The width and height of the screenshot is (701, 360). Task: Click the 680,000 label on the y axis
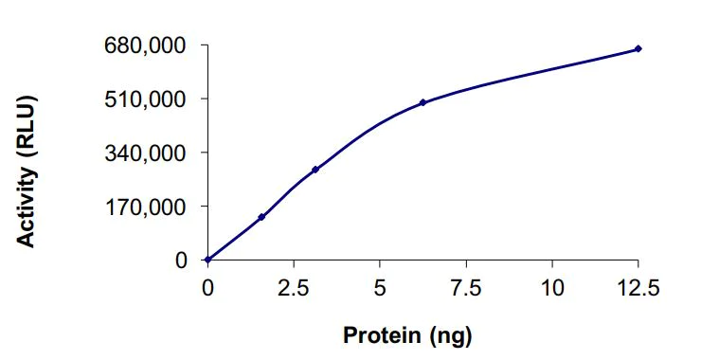pyautogui.click(x=147, y=45)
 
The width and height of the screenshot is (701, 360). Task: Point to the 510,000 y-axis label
pyautogui.click(x=147, y=99)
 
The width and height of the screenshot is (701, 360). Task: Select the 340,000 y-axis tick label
pyautogui.click(x=147, y=153)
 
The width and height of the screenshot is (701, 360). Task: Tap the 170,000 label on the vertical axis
pyautogui.click(x=147, y=206)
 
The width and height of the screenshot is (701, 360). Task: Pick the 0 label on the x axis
pyautogui.click(x=207, y=287)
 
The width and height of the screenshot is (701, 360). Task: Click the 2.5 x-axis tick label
pyautogui.click(x=294, y=287)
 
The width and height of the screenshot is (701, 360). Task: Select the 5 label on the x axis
pyautogui.click(x=380, y=287)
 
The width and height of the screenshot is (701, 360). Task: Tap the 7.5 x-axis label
pyautogui.click(x=466, y=287)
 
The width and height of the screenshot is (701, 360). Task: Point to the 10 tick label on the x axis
pyautogui.click(x=552, y=287)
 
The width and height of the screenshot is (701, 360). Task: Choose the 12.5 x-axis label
pyautogui.click(x=638, y=287)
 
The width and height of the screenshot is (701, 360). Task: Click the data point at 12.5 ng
pyautogui.click(x=638, y=48)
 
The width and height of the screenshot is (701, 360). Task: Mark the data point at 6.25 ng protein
pyautogui.click(x=422, y=102)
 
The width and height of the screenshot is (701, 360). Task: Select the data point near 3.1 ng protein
pyautogui.click(x=315, y=170)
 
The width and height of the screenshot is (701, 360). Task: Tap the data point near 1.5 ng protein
pyautogui.click(x=261, y=217)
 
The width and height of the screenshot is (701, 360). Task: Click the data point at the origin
pyautogui.click(x=207, y=260)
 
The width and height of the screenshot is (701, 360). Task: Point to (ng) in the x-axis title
pyautogui.click(x=448, y=334)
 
